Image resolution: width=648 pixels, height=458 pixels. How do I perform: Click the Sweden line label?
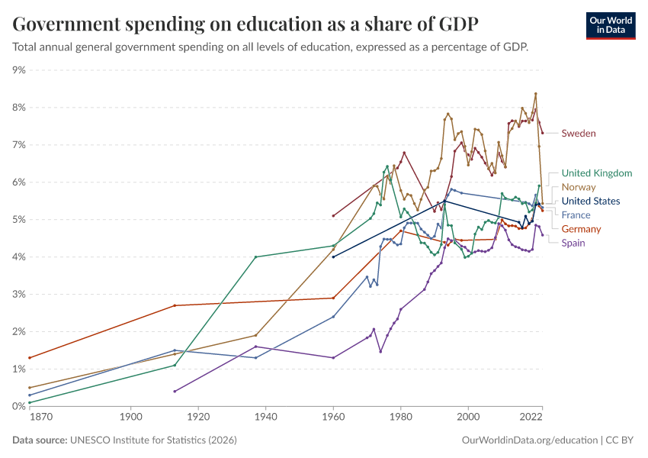[579, 134]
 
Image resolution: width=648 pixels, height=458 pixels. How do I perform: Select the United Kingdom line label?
[597, 173]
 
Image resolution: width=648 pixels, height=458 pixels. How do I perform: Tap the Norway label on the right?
[579, 187]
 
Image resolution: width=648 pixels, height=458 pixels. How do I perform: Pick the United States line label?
[591, 201]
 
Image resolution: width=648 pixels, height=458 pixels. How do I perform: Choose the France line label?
[576, 215]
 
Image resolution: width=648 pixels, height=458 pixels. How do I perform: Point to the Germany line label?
[581, 229]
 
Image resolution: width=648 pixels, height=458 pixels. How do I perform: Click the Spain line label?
[573, 243]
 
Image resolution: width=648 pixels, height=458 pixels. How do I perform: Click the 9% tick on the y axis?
[19, 70]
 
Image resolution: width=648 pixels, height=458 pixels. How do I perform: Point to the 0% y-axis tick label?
[19, 406]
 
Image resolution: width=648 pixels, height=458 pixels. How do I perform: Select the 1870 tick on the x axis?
[41, 417]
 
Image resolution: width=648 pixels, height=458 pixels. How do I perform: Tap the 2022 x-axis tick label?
[531, 417]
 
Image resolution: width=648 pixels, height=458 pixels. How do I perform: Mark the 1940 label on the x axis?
[266, 417]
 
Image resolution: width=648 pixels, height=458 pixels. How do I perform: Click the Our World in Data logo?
[611, 26]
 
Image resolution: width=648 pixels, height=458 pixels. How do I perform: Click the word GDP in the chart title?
[458, 24]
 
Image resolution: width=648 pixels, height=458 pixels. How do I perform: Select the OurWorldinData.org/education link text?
[530, 440]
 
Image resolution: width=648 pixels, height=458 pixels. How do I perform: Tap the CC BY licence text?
[620, 440]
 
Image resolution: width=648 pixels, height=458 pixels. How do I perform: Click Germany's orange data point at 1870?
[30, 358]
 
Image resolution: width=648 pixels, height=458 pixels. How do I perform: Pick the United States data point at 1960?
[333, 257]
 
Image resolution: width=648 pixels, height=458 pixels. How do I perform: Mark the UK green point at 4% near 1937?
[256, 257]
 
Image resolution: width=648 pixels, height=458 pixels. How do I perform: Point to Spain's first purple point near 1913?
[175, 392]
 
